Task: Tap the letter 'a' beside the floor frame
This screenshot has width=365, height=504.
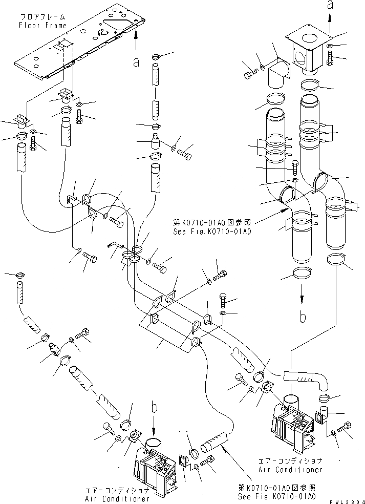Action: (136, 62)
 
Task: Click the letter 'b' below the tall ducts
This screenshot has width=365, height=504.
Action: (303, 318)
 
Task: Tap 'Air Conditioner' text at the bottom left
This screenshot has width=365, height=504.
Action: (117, 498)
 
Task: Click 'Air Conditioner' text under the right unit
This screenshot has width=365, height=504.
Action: (291, 469)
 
